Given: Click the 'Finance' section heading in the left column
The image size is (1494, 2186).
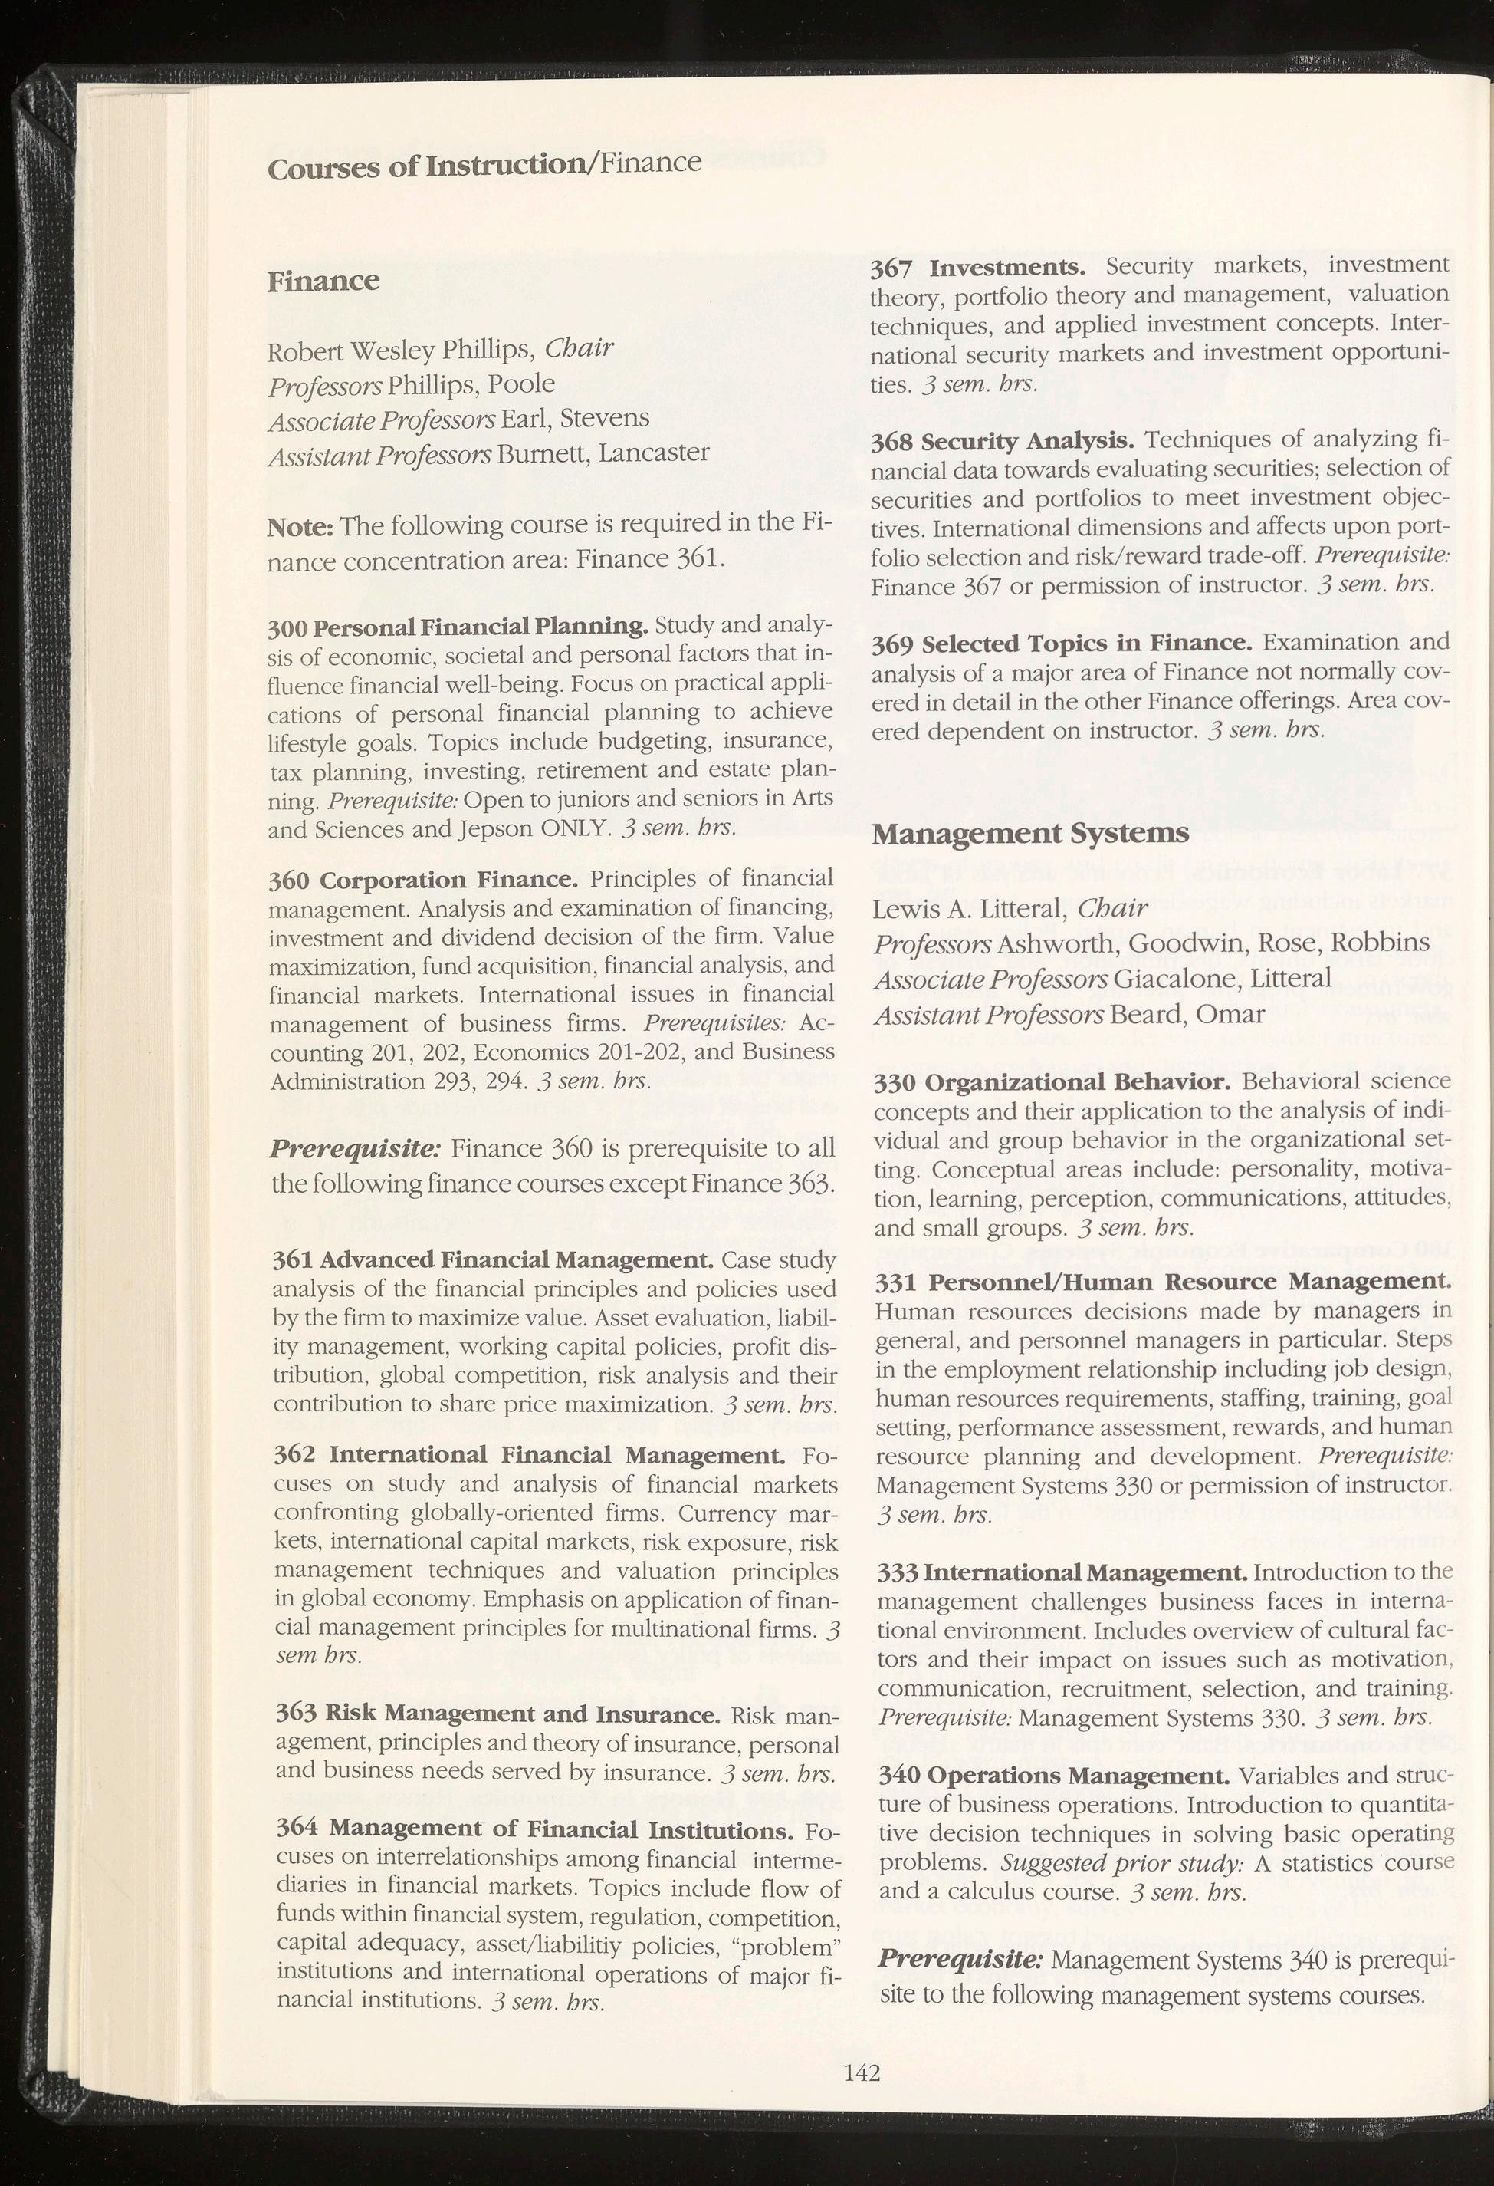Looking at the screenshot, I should tap(323, 281).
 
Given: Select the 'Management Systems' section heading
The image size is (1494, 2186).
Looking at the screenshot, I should tap(1030, 834).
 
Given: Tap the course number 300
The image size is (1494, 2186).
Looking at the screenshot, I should tap(287, 627).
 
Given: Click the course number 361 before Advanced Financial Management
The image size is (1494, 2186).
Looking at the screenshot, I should tap(287, 1259).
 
